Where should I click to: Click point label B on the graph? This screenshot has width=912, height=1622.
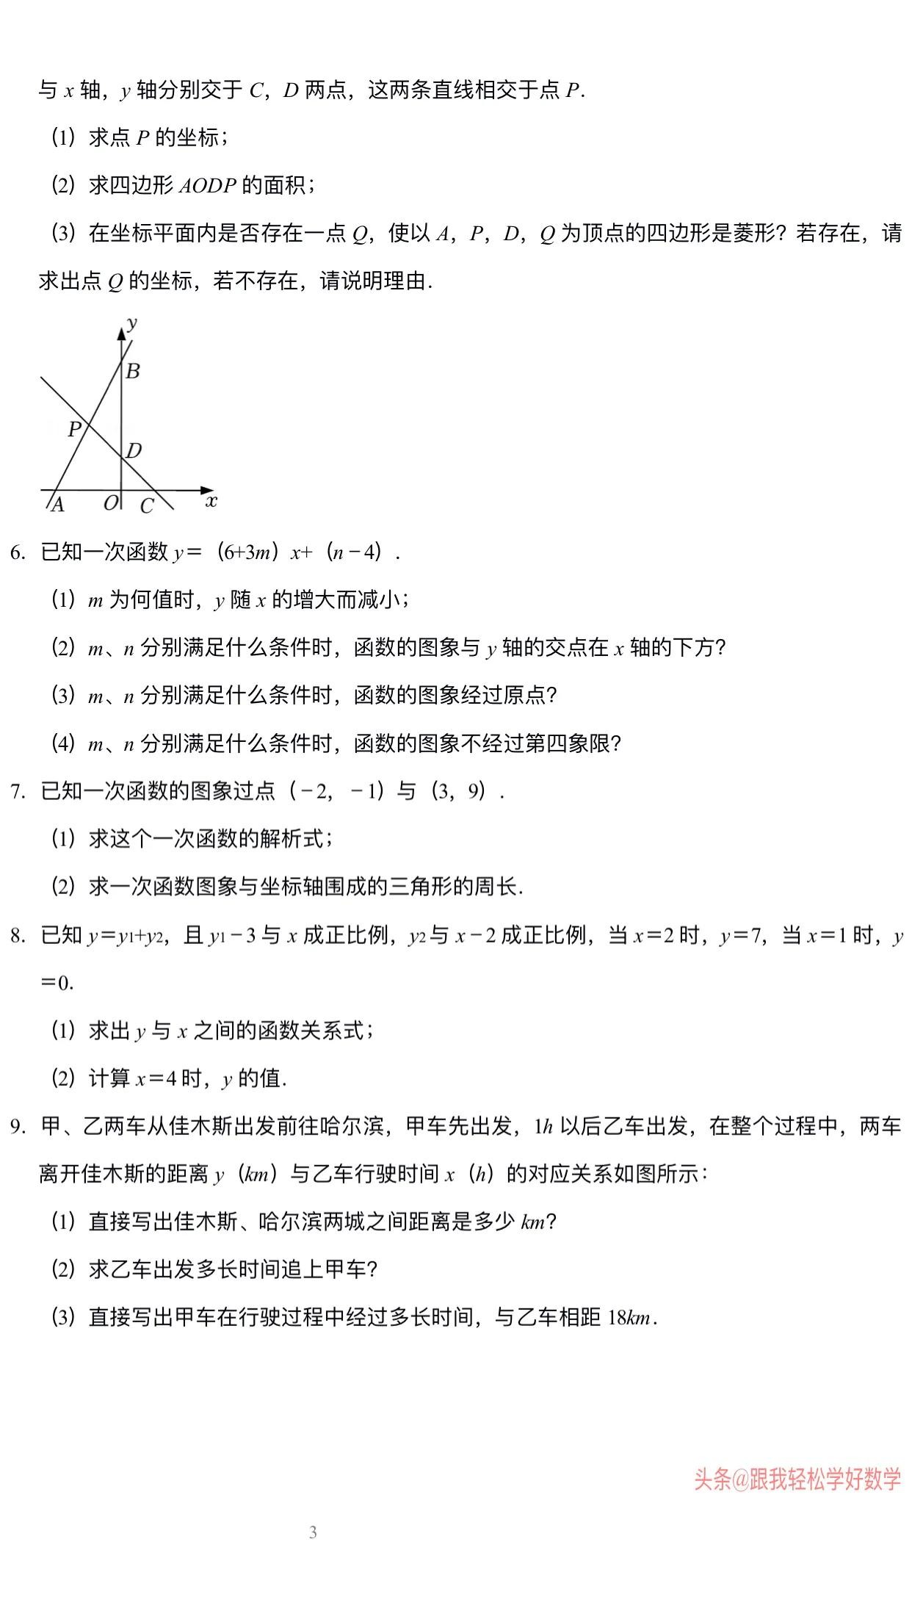[133, 371]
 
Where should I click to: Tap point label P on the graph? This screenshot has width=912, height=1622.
[74, 429]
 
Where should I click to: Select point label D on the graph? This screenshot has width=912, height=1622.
[134, 450]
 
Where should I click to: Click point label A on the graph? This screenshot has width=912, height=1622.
[57, 505]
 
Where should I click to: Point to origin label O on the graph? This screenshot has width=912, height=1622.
[110, 503]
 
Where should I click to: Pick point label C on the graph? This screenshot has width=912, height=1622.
[147, 506]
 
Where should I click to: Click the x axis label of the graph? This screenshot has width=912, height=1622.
[211, 502]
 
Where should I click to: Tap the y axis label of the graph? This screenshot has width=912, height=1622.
[133, 322]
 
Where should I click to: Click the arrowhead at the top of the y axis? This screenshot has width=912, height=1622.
[121, 333]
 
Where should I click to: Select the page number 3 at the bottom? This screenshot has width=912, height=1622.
[314, 1532]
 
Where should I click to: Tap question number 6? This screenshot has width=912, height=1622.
[18, 552]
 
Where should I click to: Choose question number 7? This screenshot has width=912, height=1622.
[18, 792]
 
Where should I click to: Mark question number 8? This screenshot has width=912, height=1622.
[18, 936]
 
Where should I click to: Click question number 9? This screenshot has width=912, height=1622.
[18, 1127]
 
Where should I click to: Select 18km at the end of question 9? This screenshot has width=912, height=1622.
[629, 1318]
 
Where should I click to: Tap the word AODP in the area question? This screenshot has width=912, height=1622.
[208, 186]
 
